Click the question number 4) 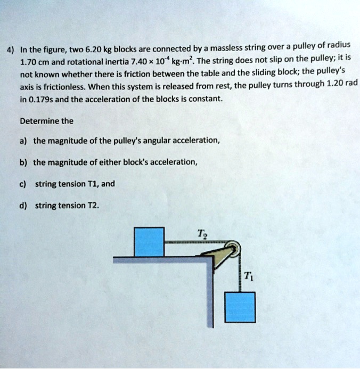[x=10, y=51]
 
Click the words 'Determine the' [x=46, y=120]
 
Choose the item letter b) [x=24, y=162]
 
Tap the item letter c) [x=24, y=184]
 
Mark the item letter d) [x=24, y=205]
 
